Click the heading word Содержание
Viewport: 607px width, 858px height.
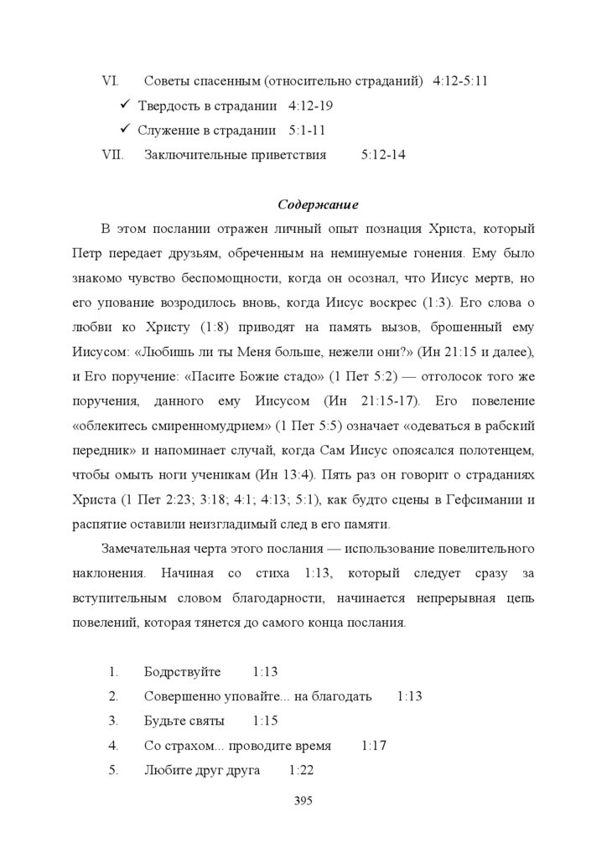pos(318,204)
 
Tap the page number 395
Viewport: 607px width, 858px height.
pos(303,801)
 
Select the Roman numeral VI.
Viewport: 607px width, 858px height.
pos(109,82)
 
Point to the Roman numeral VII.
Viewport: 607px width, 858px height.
pos(112,155)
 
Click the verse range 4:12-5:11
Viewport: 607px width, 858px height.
pos(461,82)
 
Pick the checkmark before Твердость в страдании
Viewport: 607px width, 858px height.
pos(124,106)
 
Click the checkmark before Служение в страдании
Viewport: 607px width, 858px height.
pos(124,130)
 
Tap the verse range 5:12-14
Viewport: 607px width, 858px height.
pos(384,155)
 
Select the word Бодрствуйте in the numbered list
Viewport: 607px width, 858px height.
pos(182,673)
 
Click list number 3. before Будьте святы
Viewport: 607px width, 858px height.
pos(113,721)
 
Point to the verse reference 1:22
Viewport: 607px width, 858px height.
pos(301,770)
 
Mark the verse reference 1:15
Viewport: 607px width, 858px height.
pos(265,721)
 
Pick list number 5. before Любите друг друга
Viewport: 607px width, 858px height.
pos(113,770)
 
